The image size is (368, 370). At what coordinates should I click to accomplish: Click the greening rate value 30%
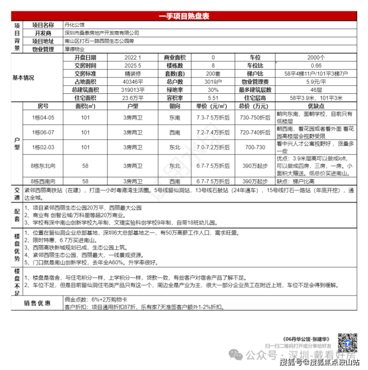(x=213, y=89)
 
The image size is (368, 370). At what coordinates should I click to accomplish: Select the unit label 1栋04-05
(x=43, y=118)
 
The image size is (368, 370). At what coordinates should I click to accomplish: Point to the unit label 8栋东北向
(x=43, y=165)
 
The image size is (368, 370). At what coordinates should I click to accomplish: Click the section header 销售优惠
(x=37, y=303)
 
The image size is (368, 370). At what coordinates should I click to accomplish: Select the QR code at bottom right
(x=346, y=342)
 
